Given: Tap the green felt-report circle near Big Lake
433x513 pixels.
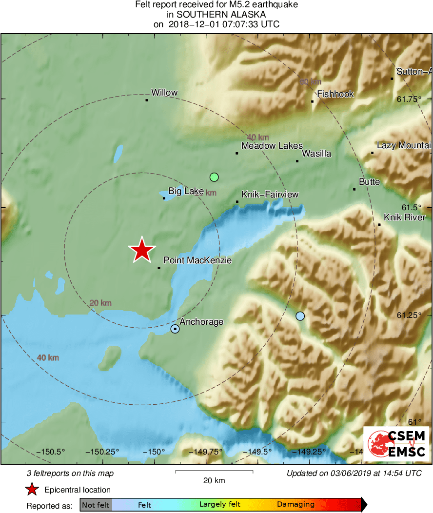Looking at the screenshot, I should coord(214,177).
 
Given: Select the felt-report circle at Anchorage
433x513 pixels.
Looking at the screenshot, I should coord(175,329).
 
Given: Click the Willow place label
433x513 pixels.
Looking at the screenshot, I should coord(164,93).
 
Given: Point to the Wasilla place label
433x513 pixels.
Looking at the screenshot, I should coord(316,154).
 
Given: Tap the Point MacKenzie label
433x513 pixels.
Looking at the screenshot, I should coord(197,261).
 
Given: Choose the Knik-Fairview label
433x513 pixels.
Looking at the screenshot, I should coord(270,195).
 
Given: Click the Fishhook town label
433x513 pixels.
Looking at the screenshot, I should coord(335,94).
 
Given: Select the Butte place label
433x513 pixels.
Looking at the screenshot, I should coord(369,182).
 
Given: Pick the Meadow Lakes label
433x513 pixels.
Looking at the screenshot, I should coord(272,146).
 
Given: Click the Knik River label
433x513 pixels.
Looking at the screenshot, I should coord(404,217).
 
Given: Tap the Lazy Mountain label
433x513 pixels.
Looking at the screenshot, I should coord(404,146).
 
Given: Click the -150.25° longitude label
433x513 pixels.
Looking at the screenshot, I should coord(102,452).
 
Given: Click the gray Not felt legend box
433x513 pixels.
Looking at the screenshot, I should coord(96,505).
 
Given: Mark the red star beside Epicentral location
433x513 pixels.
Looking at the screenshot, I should coord(32,490).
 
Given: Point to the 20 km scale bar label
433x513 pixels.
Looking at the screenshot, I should coord(214,481).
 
